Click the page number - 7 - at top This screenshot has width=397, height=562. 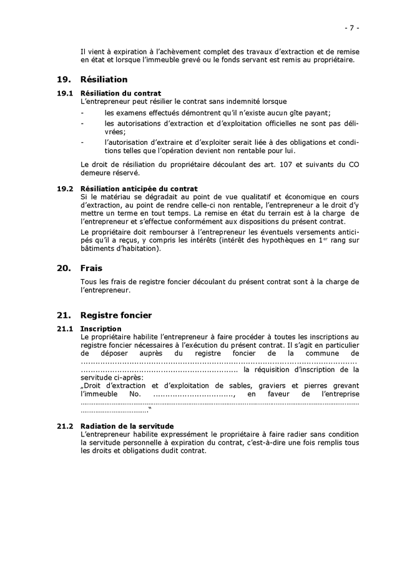(351, 27)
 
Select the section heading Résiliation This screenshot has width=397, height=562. (104, 79)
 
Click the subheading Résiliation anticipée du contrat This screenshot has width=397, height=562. (139, 189)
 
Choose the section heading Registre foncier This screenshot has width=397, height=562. (116, 315)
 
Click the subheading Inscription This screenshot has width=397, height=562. (101, 329)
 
